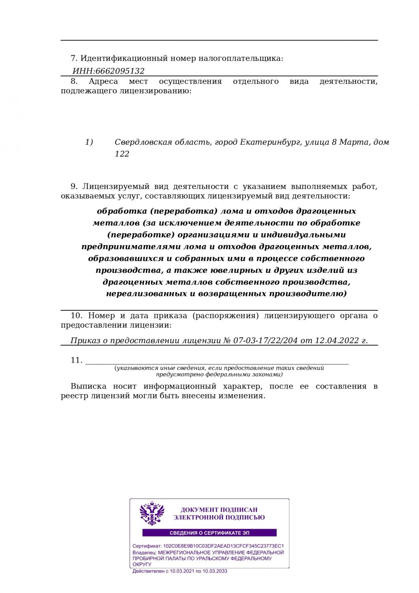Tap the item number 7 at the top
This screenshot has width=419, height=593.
click(74, 59)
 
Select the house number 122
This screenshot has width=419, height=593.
click(122, 154)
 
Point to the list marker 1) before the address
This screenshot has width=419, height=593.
click(89, 142)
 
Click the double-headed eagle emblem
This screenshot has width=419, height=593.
click(152, 513)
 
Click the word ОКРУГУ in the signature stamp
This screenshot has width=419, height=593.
click(142, 565)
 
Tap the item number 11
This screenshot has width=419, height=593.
click(76, 360)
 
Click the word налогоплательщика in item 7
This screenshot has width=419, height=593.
click(241, 59)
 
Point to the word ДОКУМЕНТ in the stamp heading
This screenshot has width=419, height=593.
click(197, 510)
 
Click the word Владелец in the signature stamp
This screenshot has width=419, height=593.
click(145, 552)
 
